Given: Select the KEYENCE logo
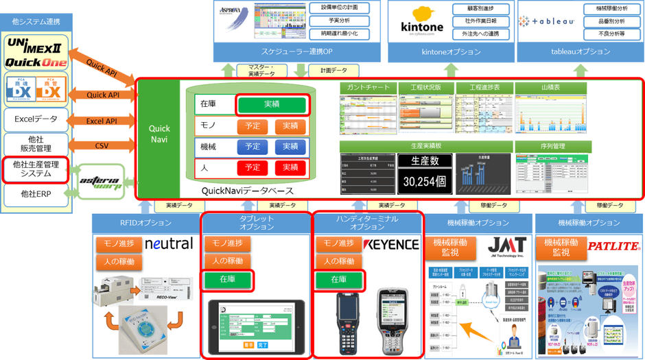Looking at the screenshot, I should tap(390, 245).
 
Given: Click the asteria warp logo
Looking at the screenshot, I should tap(101, 182).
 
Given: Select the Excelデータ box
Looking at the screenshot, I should tap(36, 119).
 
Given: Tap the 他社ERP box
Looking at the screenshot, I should tap(36, 194).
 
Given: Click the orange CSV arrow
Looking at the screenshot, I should tap(102, 145).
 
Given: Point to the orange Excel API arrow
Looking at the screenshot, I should tap(102, 121).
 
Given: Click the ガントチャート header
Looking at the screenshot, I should tap(368, 88).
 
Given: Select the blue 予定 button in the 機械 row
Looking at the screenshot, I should tap(253, 146).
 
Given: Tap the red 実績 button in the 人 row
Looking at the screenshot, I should tap(290, 167).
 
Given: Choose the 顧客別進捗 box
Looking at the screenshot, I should tap(473, 9).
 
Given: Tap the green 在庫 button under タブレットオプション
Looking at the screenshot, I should tap(226, 279).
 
